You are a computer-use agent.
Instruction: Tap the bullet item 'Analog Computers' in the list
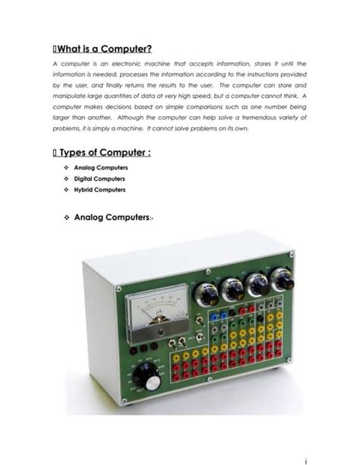(x=100, y=167)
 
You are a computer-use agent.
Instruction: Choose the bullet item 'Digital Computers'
(x=99, y=179)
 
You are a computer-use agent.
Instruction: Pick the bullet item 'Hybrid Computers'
(x=99, y=189)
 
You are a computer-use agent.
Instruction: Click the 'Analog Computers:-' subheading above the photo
(x=113, y=217)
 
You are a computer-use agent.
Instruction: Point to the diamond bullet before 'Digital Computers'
(x=67, y=179)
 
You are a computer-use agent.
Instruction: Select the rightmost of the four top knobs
(x=282, y=280)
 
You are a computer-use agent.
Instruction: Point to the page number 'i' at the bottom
(x=305, y=459)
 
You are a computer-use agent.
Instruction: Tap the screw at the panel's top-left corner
(x=118, y=289)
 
